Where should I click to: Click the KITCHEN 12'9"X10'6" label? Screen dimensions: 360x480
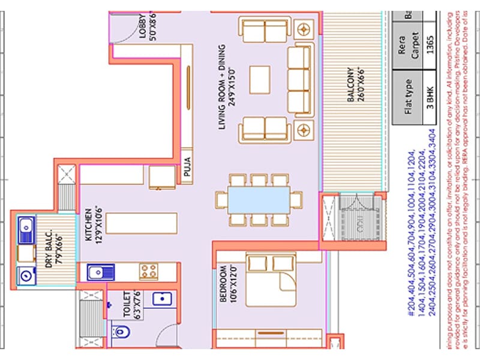point(92,224)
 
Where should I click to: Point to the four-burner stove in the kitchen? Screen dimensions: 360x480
point(148,272)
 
